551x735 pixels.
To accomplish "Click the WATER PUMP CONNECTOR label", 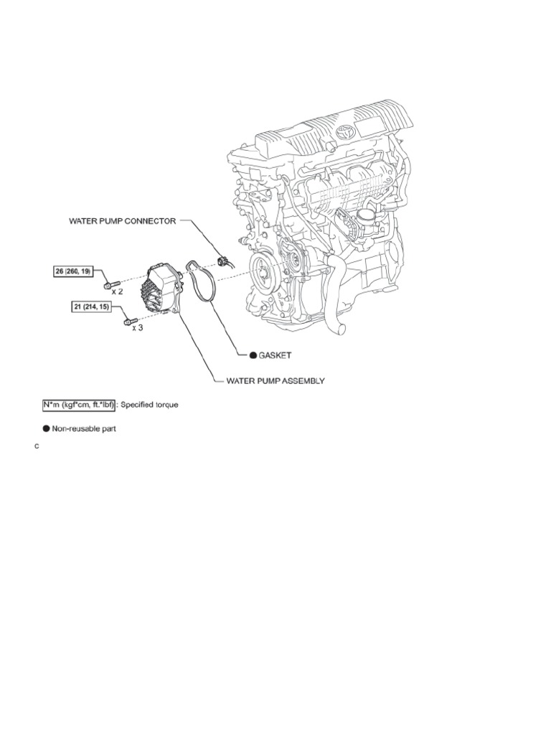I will tap(121, 222).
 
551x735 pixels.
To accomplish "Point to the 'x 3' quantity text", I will tap(136, 327).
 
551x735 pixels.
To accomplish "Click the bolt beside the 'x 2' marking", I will tap(108, 285).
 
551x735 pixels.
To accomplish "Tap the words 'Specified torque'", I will tap(149, 405).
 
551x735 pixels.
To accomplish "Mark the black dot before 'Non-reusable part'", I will tap(47, 429).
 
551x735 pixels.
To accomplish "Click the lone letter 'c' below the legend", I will tap(37, 447).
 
